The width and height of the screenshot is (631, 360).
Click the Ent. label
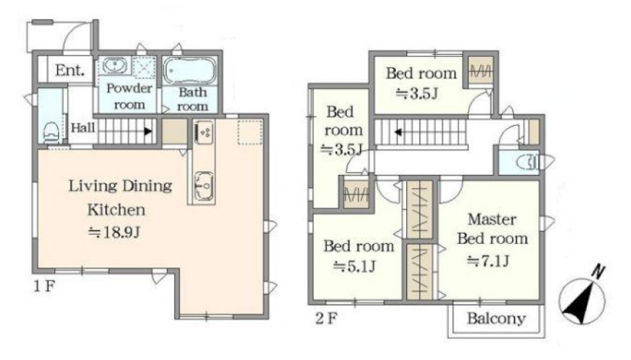70,70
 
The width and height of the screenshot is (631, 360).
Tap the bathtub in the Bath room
190,71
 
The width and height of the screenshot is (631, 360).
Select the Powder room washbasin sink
115,65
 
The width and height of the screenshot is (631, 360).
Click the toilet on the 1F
51,131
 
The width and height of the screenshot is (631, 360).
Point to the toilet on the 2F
527,163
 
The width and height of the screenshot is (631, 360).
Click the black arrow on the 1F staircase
148,131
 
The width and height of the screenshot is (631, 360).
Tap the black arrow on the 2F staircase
398,131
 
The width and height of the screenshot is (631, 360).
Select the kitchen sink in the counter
204,186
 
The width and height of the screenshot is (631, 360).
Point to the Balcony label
496,319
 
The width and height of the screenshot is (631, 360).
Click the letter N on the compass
598,271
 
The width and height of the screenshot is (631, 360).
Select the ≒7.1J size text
488,261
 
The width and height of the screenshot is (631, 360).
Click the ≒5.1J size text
355,266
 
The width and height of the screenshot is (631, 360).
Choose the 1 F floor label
44,286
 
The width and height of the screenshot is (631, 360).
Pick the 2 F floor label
326,319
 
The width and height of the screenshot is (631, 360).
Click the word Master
492,219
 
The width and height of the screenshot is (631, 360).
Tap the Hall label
83,128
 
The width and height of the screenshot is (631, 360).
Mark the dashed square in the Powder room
144,67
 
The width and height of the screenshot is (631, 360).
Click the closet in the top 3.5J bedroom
481,72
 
